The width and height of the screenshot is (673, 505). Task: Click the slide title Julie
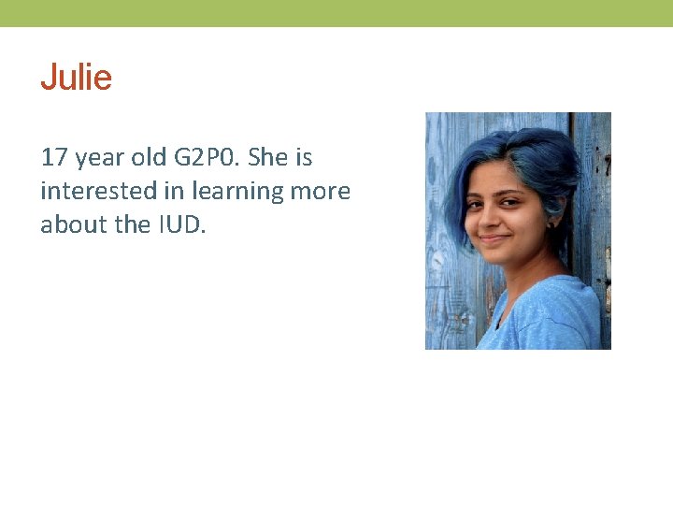click(76, 78)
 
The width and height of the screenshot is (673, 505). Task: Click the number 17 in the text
click(54, 157)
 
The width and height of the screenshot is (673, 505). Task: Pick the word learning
click(237, 192)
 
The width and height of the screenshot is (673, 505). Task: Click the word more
click(321, 191)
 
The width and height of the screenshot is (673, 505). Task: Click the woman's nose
click(493, 217)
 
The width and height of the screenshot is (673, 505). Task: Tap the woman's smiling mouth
click(496, 238)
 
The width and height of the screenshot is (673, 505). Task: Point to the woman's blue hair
click(523, 154)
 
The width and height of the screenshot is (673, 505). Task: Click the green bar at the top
click(336, 13)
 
